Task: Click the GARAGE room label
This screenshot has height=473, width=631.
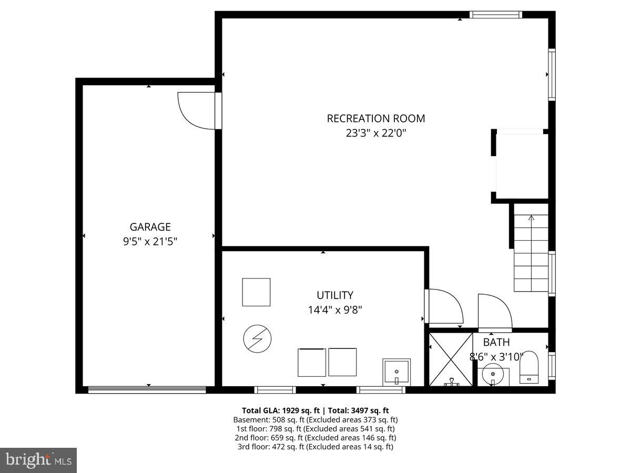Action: (150, 227)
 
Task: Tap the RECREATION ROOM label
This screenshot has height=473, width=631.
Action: (376, 119)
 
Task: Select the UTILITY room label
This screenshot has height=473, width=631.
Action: (335, 295)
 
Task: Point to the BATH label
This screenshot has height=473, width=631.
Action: (496, 343)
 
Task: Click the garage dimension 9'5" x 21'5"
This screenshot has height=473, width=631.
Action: (150, 242)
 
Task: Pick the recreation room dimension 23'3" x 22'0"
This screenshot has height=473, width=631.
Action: (376, 133)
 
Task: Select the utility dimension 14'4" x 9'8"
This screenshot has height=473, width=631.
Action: (335, 310)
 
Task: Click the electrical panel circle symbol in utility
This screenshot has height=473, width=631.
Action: (257, 339)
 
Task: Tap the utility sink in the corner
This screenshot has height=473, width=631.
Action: (396, 372)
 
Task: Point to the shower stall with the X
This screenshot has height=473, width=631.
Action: (451, 359)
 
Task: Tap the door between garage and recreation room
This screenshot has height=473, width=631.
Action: (197, 110)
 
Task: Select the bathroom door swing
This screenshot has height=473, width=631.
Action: (494, 312)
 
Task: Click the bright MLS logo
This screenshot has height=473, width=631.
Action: (38, 460)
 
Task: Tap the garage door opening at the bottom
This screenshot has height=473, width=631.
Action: (147, 389)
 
